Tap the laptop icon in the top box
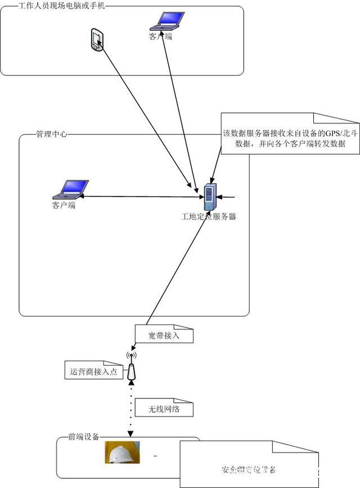coord(168,21)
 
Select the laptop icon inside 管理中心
coord(70,189)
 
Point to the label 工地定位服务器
coord(208,216)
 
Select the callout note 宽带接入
coord(164,335)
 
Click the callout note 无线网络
coord(164,409)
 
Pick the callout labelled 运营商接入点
coord(93,371)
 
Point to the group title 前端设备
coord(83,437)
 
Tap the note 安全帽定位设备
coord(248,469)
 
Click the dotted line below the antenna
coord(131,408)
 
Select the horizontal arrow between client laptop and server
coord(141,196)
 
